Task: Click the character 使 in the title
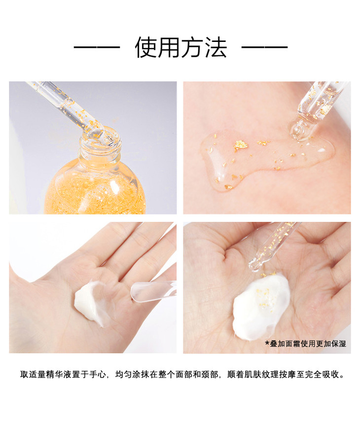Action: (146, 47)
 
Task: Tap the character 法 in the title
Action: (216, 47)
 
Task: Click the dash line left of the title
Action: (97, 47)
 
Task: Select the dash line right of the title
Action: (265, 47)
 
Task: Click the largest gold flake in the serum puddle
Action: (241, 145)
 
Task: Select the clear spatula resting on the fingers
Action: (153, 291)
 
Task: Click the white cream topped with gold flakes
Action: (261, 306)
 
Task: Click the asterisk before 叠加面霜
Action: (267, 343)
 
